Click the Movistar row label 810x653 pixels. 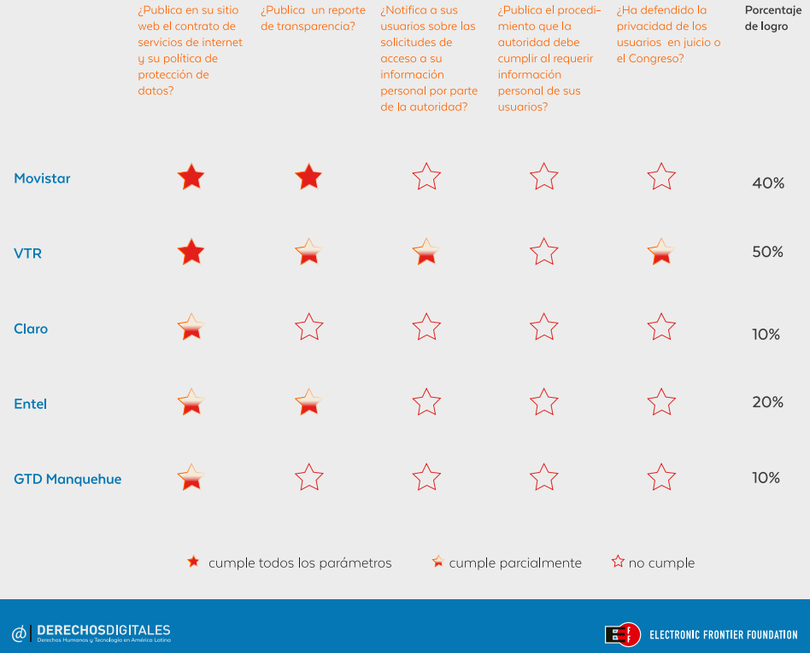tap(42, 178)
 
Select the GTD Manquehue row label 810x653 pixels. tap(67, 479)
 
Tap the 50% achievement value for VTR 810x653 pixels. tap(767, 252)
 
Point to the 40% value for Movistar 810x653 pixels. tap(768, 183)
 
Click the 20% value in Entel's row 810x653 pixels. tap(767, 402)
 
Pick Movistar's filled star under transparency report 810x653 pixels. tap(308, 178)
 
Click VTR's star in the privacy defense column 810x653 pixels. tap(661, 253)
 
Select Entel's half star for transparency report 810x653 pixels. tap(308, 402)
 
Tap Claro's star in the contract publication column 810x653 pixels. tap(191, 327)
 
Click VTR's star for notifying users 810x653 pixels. tap(426, 253)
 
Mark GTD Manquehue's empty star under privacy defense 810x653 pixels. tap(661, 478)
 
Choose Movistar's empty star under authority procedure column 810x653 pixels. tap(544, 178)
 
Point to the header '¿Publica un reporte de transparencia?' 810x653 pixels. tap(313, 18)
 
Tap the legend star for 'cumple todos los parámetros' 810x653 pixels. tap(194, 562)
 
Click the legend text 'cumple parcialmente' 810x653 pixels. tap(515, 563)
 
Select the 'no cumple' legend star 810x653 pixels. tap(618, 562)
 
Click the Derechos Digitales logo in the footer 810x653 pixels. tap(91, 633)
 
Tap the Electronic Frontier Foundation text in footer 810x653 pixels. tap(723, 634)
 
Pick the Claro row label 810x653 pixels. tap(31, 329)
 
